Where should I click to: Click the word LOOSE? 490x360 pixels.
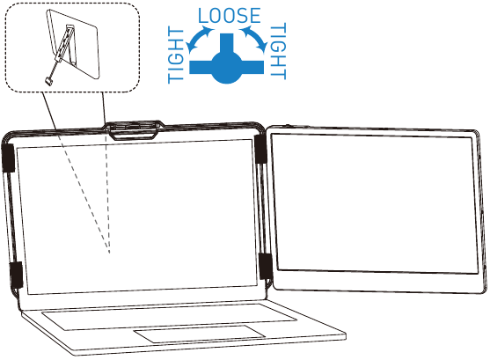tap(230, 16)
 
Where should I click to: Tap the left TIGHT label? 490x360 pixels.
tap(176, 55)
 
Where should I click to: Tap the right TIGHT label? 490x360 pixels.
tap(278, 51)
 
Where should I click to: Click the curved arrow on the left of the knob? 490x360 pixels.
tap(199, 39)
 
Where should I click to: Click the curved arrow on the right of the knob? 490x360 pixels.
tap(254, 38)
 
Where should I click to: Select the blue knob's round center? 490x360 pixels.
tap(227, 67)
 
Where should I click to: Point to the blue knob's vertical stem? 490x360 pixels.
tap(227, 43)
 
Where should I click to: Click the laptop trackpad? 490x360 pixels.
tap(200, 334)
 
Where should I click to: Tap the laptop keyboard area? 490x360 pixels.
tap(169, 316)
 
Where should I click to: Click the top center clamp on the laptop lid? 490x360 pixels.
tap(134, 129)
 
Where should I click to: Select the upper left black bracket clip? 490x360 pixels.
tap(9, 158)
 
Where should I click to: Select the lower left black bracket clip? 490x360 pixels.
tap(16, 275)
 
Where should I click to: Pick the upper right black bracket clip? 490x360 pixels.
tap(260, 149)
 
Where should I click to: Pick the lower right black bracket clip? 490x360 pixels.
tap(266, 267)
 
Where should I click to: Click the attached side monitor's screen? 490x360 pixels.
tap(375, 204)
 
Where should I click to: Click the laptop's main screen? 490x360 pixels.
tap(136, 217)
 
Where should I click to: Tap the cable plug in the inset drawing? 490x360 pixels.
tap(48, 80)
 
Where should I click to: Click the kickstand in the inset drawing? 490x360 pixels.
tap(69, 46)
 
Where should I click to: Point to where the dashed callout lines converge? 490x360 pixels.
tap(109, 253)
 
